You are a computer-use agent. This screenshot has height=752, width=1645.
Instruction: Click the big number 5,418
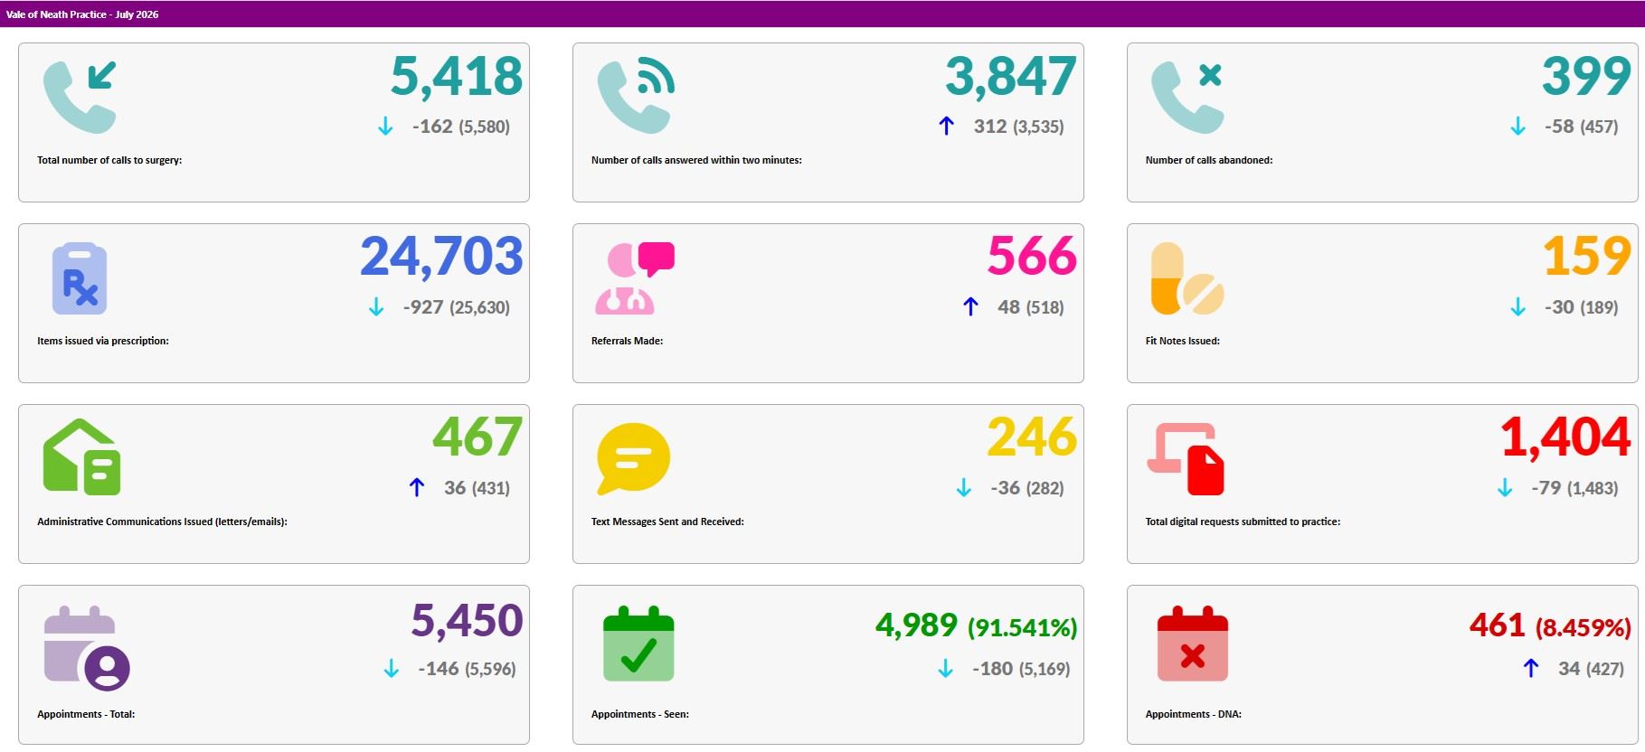[x=457, y=77]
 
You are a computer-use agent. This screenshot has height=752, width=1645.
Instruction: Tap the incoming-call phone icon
[x=80, y=97]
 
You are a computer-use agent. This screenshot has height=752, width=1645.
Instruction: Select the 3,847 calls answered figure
[x=1011, y=77]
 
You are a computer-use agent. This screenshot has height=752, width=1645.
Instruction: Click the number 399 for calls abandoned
[x=1587, y=76]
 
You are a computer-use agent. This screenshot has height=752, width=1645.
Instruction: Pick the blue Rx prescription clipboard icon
[x=80, y=278]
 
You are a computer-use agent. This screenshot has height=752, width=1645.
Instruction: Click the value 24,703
[x=442, y=258]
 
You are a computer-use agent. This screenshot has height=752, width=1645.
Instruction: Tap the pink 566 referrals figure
[x=1032, y=257]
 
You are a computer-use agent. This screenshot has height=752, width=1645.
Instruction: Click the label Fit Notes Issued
[x=1182, y=341]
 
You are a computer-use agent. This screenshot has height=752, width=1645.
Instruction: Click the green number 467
[x=477, y=437]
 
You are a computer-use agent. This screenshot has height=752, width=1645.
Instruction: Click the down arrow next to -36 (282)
[x=964, y=488]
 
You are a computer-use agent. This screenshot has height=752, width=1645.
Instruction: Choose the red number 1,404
[x=1565, y=438]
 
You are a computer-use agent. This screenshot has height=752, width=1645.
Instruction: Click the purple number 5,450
[x=467, y=621]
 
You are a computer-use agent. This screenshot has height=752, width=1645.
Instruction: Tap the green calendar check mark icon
[x=638, y=644]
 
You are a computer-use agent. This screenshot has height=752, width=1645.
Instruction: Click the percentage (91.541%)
[x=1023, y=627]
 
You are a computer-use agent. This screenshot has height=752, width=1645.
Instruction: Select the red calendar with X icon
[x=1193, y=644]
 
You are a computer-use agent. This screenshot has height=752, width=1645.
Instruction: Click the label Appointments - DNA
[x=1193, y=714]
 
